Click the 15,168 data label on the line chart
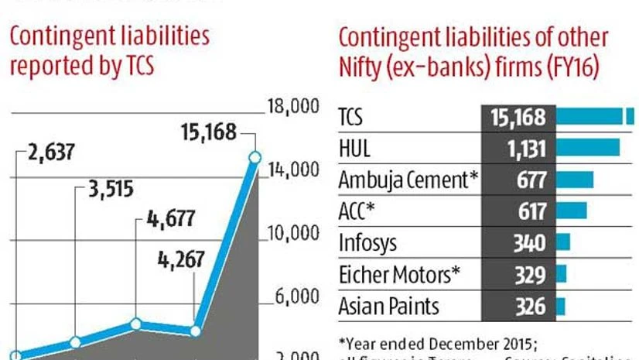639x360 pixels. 208,132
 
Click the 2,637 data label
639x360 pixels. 50,151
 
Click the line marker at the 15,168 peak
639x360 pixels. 255,157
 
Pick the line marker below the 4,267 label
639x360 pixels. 194,331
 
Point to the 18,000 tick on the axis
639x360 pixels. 293,106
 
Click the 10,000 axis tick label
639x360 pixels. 293,233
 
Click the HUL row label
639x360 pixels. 355,149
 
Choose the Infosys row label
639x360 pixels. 367,243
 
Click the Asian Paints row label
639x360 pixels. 388,306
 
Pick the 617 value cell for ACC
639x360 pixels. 530,211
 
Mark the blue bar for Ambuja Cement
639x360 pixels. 575,180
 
